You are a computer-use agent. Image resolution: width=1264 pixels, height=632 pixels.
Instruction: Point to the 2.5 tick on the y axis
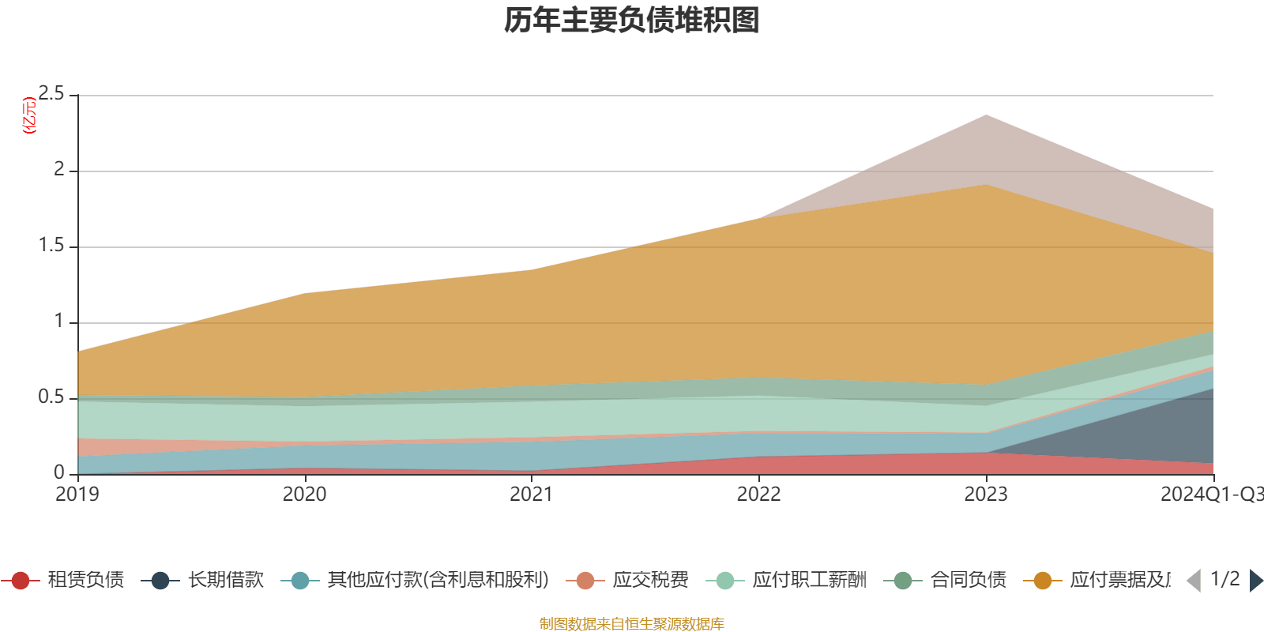tap(51, 94)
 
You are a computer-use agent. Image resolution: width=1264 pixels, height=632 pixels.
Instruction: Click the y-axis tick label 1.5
tap(51, 246)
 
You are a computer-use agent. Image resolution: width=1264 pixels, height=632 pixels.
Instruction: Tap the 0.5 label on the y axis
tap(51, 397)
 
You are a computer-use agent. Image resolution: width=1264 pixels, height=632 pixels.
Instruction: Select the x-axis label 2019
tap(77, 495)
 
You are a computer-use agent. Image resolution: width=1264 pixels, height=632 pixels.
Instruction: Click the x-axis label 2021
tap(531, 495)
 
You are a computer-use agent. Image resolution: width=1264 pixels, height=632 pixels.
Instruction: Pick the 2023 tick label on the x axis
tap(985, 495)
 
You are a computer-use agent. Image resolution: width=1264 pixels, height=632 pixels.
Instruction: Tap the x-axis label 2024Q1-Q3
tap(1210, 495)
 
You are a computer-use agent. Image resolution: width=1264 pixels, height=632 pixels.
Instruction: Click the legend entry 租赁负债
tap(85, 581)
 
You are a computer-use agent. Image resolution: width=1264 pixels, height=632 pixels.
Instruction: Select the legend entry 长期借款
tap(225, 581)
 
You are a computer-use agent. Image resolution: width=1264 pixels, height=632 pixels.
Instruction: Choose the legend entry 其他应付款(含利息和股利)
tap(438, 581)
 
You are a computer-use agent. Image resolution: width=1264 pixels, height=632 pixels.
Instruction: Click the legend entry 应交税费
tap(650, 581)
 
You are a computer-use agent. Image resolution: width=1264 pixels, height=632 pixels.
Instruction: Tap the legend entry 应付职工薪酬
tap(809, 581)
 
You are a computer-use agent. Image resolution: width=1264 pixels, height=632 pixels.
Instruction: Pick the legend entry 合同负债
tap(968, 581)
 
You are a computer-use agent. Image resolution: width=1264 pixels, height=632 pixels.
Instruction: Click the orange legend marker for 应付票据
tap(1042, 581)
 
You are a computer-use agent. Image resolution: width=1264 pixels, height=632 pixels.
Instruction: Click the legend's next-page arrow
tap(1255, 581)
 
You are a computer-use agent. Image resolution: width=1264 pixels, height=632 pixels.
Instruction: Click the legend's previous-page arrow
tap(1194, 581)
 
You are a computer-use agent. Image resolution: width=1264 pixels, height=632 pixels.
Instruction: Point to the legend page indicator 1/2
tap(1224, 579)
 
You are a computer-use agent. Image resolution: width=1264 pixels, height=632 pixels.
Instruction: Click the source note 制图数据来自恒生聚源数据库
tap(632, 624)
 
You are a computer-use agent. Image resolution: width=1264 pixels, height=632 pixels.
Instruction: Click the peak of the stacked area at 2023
tap(985, 115)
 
